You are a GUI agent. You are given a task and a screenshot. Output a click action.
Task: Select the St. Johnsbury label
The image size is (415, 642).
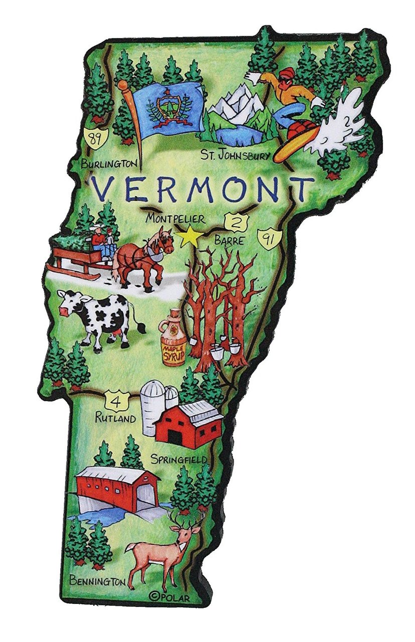click(x=235, y=155)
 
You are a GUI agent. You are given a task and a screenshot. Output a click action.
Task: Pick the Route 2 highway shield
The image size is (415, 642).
click(x=233, y=221)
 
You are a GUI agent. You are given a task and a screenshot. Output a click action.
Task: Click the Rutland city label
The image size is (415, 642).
click(x=116, y=418)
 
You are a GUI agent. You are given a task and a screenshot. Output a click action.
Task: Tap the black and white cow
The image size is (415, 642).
click(x=98, y=319)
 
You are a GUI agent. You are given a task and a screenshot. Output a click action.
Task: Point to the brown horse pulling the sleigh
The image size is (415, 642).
click(x=145, y=256)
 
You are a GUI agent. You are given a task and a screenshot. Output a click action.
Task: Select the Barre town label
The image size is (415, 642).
click(x=229, y=241)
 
